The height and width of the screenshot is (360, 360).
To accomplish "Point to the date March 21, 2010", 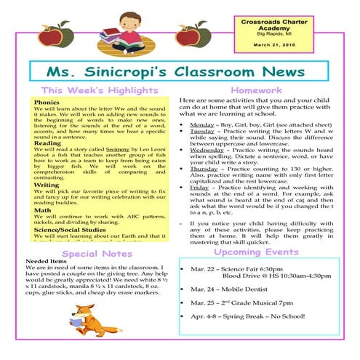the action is click(269, 45).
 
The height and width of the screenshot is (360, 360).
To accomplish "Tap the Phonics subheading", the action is click(47, 103).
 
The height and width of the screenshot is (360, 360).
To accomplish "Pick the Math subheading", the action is click(41, 211).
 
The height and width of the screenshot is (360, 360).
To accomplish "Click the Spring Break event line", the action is click(249, 317).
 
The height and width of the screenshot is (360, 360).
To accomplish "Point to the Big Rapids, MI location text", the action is click(269, 34).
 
